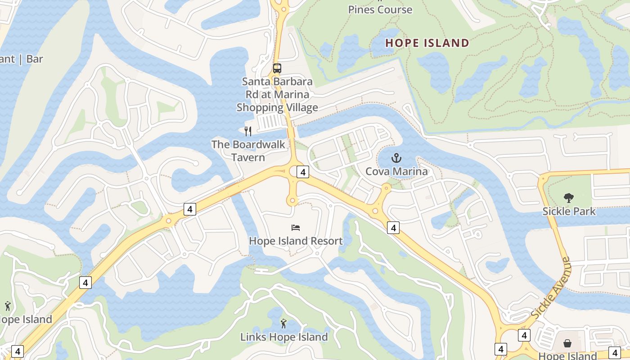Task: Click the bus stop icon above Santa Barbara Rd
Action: click(277, 69)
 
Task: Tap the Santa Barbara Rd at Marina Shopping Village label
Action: click(277, 94)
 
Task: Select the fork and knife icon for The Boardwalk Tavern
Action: click(247, 131)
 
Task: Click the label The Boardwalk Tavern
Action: click(248, 151)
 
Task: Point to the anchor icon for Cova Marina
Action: click(396, 158)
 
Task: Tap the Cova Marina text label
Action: click(396, 171)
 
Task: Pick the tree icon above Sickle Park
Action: click(569, 198)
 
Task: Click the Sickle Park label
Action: click(569, 211)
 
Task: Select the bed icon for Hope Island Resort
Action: click(296, 228)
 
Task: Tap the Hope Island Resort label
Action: click(296, 241)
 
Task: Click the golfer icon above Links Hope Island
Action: click(283, 324)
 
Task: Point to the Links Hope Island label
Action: click(283, 337)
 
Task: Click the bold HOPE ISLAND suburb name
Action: click(427, 43)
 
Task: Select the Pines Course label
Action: click(380, 9)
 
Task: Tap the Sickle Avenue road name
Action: click(550, 288)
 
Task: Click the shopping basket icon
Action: click(568, 344)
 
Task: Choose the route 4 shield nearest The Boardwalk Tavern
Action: click(303, 172)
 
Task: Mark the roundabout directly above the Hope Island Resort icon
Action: click(292, 201)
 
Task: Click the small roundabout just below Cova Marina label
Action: click(386, 187)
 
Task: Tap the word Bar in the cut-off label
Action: click(35, 59)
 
